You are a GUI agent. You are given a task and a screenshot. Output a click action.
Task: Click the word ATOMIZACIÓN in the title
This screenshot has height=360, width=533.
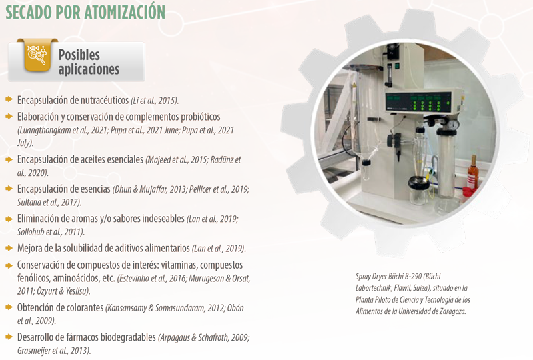point(125,11)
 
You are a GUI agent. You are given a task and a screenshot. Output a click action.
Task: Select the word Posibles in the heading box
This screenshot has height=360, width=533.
point(79,55)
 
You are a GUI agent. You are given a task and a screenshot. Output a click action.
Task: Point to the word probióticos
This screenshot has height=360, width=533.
point(201,117)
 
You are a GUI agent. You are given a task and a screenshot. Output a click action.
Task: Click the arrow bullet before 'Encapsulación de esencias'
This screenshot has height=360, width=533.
point(9,189)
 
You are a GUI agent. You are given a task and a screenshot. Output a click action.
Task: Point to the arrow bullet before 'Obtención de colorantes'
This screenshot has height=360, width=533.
point(9,307)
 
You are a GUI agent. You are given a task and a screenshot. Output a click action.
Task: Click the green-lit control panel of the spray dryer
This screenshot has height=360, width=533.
point(418,101)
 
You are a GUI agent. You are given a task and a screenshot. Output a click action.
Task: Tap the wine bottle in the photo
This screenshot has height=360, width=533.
point(472,173)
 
